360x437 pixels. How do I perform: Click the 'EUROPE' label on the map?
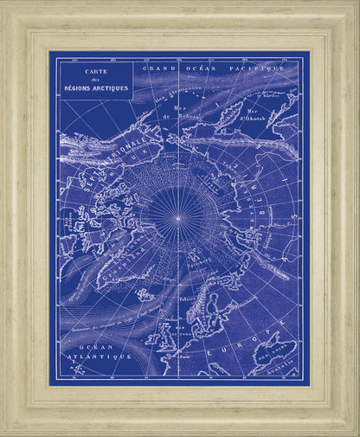pos(246,332)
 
